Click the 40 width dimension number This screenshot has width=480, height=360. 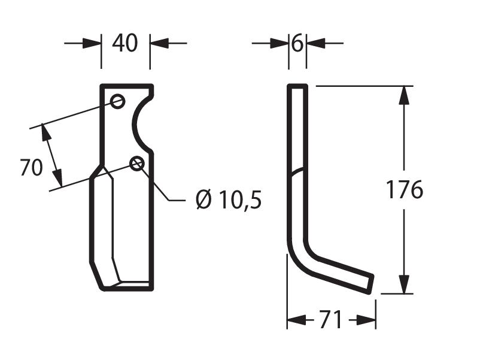click(x=125, y=43)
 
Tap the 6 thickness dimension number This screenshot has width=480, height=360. click(x=297, y=43)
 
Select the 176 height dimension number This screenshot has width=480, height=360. click(x=405, y=189)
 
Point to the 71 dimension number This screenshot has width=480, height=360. click(x=331, y=319)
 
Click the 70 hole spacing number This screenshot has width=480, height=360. click(x=32, y=167)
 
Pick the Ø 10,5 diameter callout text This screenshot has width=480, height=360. click(x=229, y=199)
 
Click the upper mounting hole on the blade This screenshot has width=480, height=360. click(x=117, y=101)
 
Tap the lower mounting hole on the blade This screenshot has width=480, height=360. click(x=137, y=164)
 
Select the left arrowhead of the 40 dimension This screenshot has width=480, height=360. click(x=92, y=43)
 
